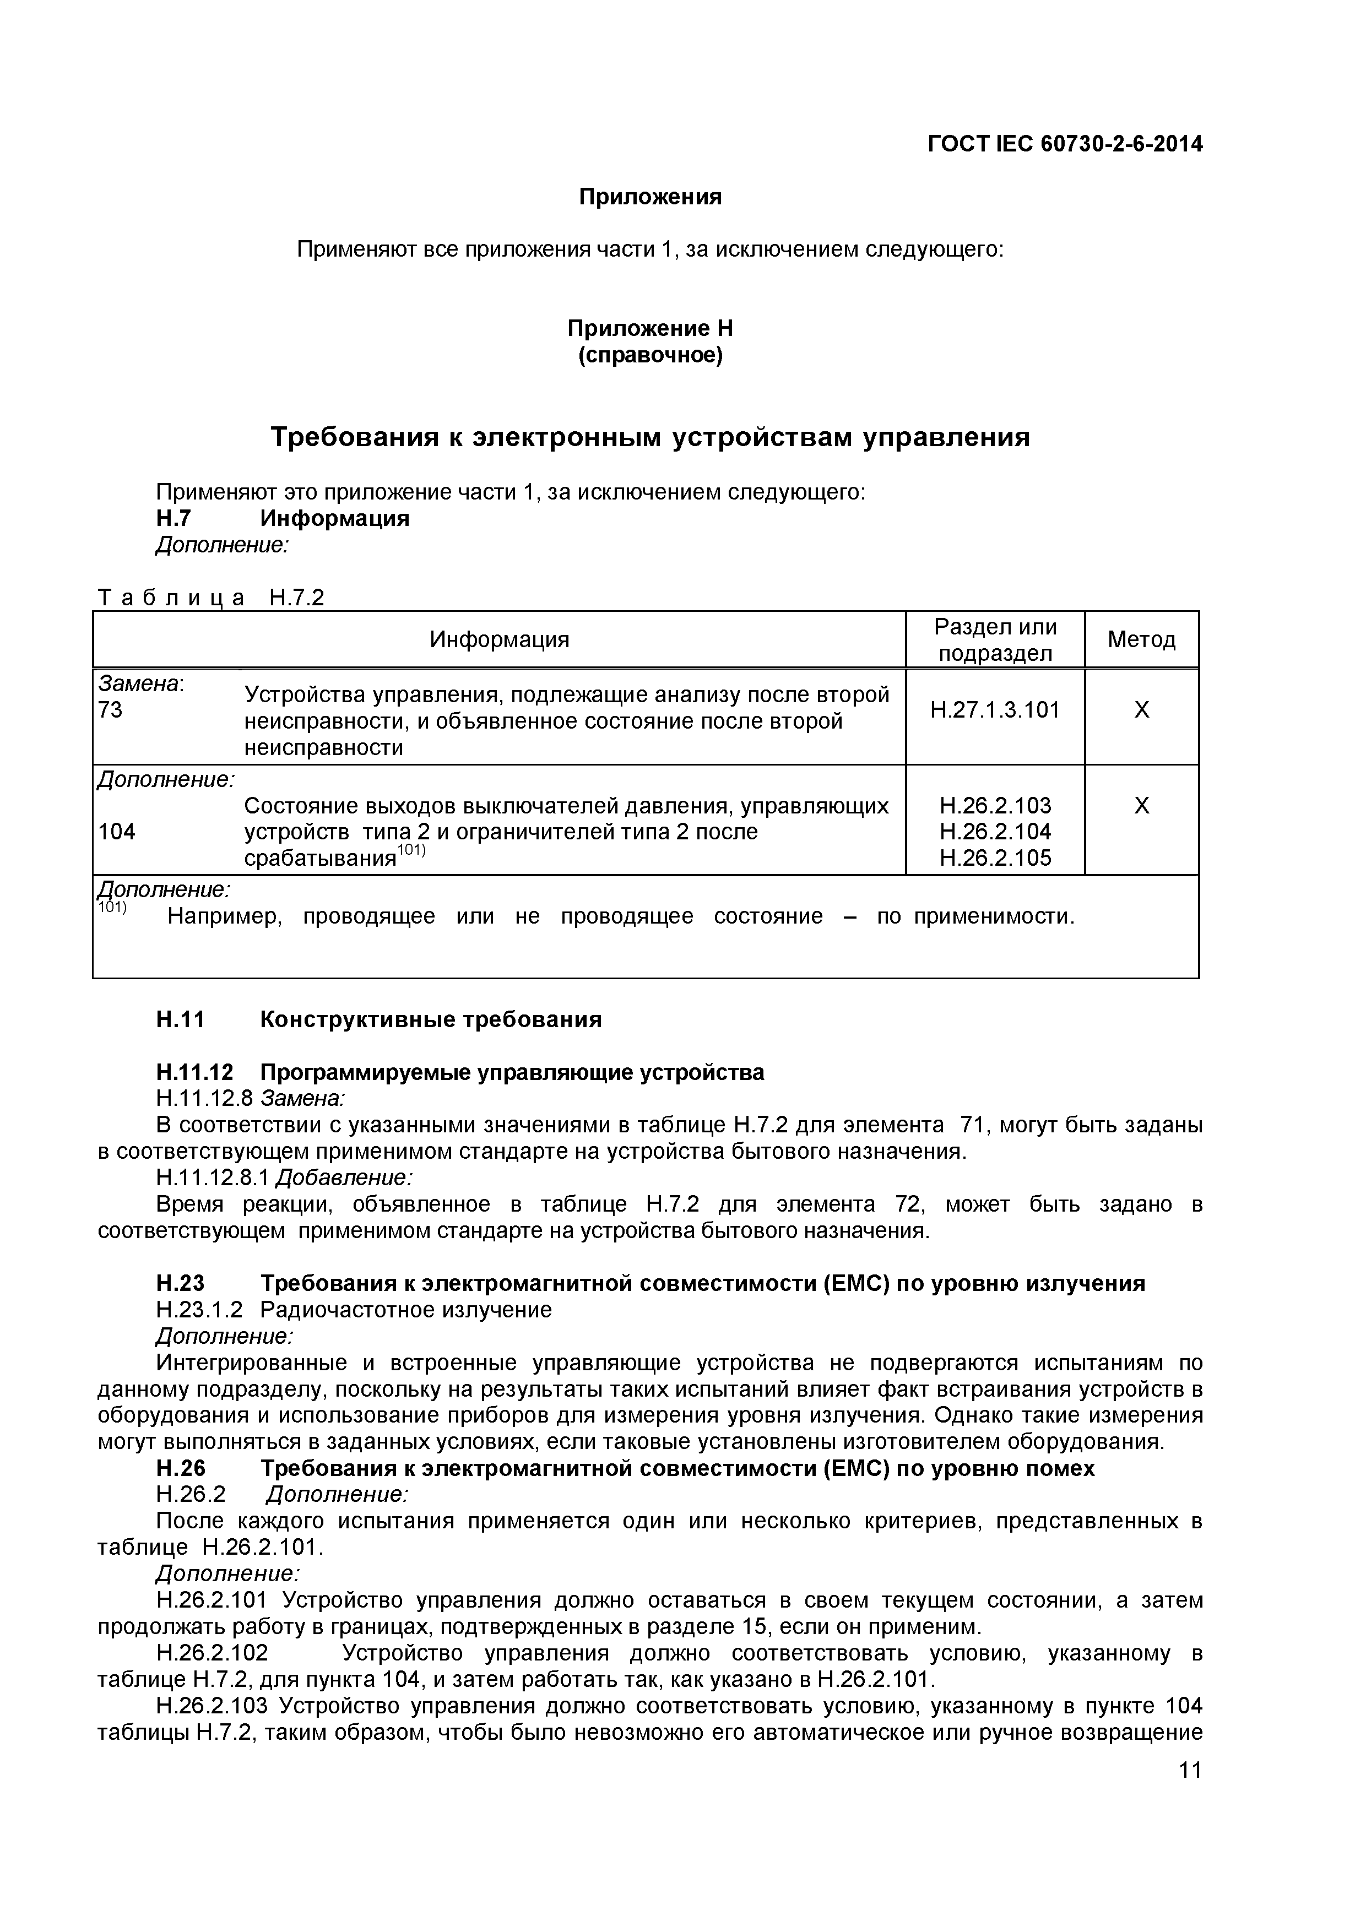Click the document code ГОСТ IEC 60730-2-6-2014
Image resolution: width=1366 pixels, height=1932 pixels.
click(1065, 145)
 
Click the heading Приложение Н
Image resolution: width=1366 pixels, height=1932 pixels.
click(650, 328)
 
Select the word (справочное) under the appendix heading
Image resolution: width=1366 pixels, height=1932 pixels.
click(650, 355)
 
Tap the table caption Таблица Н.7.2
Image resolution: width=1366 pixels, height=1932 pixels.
click(210, 598)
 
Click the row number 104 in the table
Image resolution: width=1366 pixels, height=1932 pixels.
click(116, 832)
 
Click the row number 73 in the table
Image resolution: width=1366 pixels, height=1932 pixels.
click(110, 710)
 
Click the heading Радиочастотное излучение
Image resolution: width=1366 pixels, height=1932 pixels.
click(406, 1309)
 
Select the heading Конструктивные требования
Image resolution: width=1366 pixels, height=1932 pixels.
click(430, 1020)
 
